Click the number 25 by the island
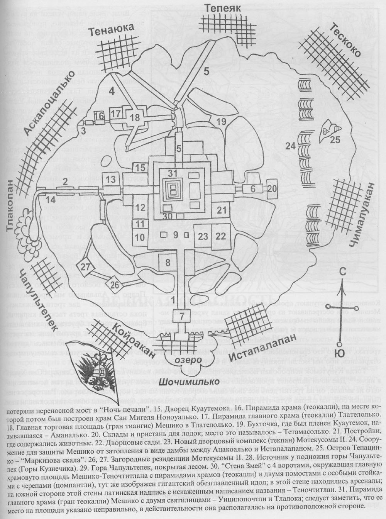335,139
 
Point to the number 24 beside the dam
291,146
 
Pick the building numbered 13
111,179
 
